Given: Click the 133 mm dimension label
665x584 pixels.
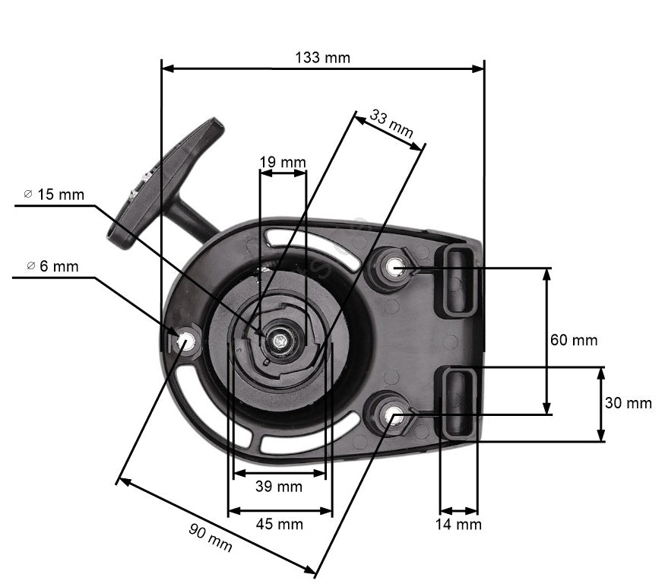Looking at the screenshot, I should (x=322, y=58).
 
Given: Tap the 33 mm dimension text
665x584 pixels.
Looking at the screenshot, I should (x=391, y=123).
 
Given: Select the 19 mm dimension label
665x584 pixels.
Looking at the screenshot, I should (x=282, y=162).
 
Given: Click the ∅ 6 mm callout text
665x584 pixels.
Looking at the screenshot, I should (x=52, y=266).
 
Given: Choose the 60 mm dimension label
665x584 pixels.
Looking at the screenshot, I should (x=574, y=340).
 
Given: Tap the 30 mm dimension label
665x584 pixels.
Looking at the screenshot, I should (x=628, y=403).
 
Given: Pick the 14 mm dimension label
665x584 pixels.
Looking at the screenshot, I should (x=458, y=524).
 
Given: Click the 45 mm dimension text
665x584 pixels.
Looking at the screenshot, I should (x=279, y=524).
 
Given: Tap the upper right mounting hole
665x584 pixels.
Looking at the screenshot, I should (x=395, y=267).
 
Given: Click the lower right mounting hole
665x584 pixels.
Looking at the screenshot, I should (x=395, y=414).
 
